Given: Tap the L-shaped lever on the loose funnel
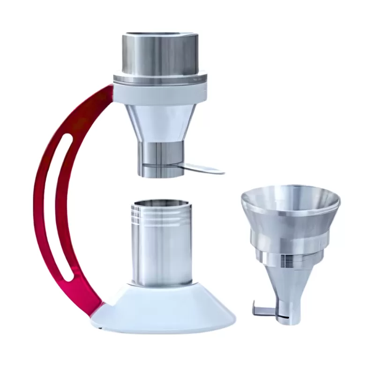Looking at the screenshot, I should pyautogui.click(x=262, y=310).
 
